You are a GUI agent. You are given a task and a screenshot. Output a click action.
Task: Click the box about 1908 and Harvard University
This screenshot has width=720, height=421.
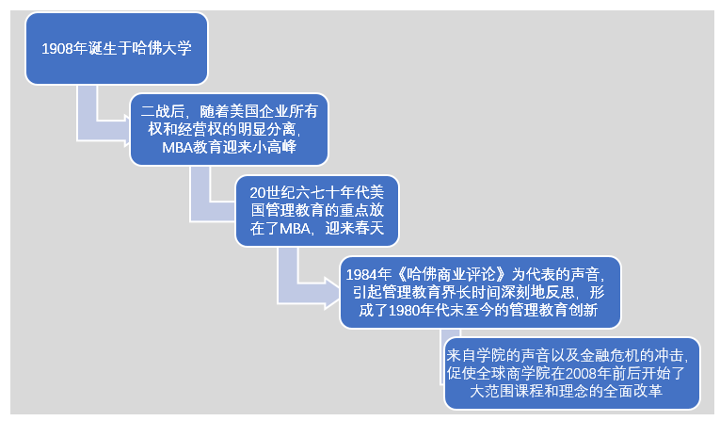click(116, 47)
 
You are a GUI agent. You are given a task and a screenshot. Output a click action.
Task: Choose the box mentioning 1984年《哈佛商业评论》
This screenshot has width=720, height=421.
click(481, 292)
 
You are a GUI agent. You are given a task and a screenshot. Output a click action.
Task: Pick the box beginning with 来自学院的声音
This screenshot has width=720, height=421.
click(572, 372)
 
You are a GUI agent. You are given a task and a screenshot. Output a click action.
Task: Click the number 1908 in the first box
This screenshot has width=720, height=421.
click(59, 47)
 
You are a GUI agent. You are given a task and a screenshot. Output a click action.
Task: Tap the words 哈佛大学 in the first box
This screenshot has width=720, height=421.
click(162, 47)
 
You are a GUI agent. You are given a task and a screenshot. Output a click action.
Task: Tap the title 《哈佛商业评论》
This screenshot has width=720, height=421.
click(451, 274)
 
